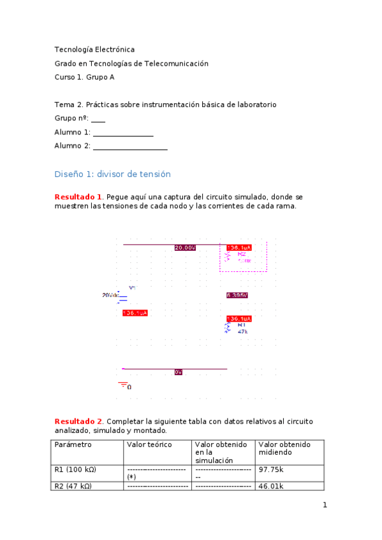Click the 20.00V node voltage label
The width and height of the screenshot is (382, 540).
click(x=185, y=248)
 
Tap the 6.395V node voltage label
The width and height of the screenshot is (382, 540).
click(x=237, y=295)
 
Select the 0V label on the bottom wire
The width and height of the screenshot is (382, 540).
click(x=179, y=372)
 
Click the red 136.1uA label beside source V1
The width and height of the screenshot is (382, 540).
click(x=135, y=313)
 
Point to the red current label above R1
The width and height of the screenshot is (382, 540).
click(x=239, y=318)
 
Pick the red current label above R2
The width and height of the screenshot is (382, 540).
click(x=239, y=248)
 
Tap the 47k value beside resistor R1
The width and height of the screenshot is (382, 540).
click(x=243, y=332)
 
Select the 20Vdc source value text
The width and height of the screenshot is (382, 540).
click(x=110, y=295)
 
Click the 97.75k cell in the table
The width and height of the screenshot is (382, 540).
click(x=271, y=469)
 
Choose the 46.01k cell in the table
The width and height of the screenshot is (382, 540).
click(x=271, y=486)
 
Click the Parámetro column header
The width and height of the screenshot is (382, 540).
click(x=73, y=444)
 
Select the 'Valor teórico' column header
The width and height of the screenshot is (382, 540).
click(x=150, y=444)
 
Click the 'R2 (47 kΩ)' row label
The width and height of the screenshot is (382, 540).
click(x=75, y=486)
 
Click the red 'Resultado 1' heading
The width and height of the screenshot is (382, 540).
click(x=78, y=197)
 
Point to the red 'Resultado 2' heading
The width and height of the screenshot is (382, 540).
click(x=78, y=422)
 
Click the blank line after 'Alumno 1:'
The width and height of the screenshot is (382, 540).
click(x=123, y=133)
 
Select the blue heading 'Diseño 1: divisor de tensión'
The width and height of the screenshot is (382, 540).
click(x=113, y=174)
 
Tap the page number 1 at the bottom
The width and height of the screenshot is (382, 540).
click(x=325, y=506)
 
